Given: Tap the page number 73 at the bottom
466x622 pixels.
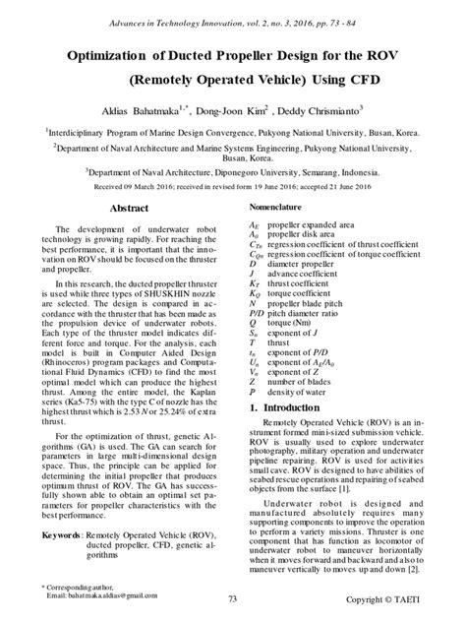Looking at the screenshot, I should [x=233, y=598].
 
